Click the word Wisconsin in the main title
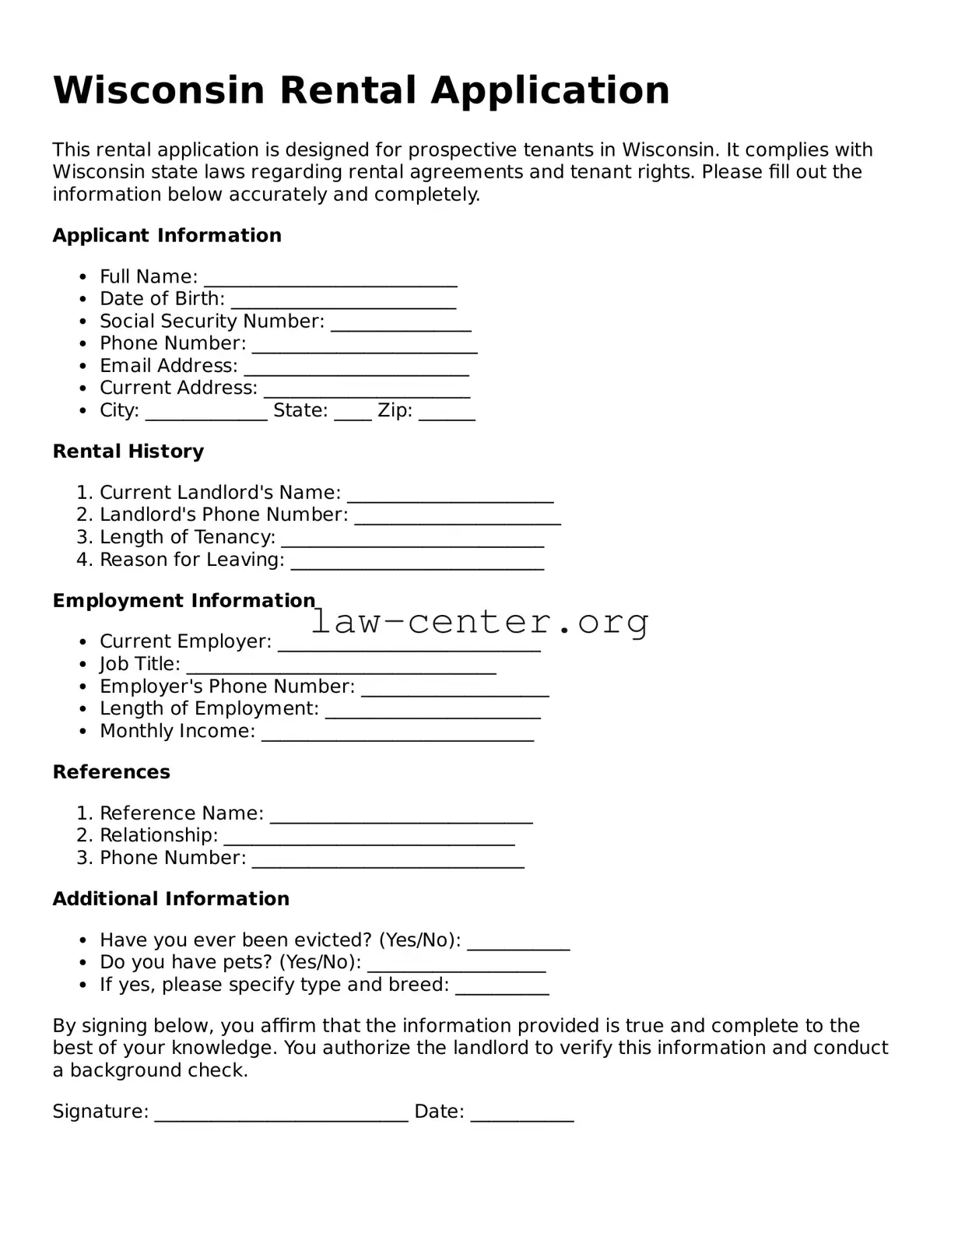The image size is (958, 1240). [x=159, y=90]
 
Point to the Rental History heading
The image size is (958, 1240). [x=128, y=451]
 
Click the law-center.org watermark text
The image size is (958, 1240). [x=479, y=621]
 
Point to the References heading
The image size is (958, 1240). [x=111, y=772]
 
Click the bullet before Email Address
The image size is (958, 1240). [x=83, y=367]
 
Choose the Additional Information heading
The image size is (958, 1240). [x=170, y=899]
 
